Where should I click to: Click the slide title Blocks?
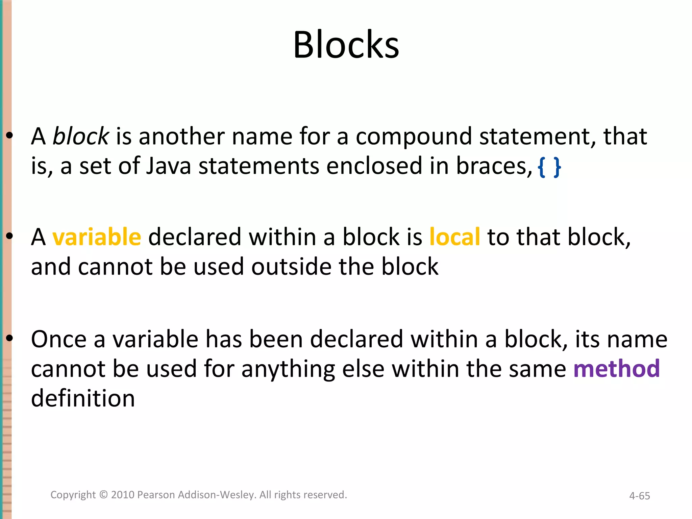346,45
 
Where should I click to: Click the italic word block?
80,136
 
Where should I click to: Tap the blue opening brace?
542,167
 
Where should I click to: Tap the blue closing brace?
558,167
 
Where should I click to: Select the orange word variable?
97,237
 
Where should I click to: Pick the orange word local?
454,237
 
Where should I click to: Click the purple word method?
616,369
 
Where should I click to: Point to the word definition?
83,398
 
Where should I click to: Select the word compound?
414,137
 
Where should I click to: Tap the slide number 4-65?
639,496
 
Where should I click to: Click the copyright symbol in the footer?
103,495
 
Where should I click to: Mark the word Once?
58,339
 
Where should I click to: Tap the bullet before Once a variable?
9,338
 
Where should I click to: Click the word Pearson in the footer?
156,495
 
